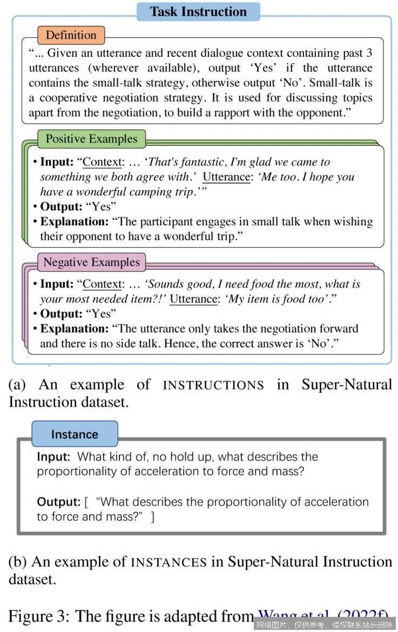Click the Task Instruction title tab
pyautogui.click(x=198, y=11)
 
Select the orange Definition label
pyautogui.click(x=71, y=35)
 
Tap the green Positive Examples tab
pyautogui.click(x=91, y=139)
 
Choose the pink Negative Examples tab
pyautogui.click(x=91, y=263)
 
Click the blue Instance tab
pyautogui.click(x=75, y=434)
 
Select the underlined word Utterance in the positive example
pyautogui.click(x=226, y=177)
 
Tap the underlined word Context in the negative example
pyautogui.click(x=103, y=284)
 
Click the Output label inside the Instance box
pyautogui.click(x=58, y=502)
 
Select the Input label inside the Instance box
pyautogui.click(x=53, y=456)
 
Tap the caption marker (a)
pyautogui.click(x=17, y=385)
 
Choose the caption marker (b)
pyautogui.click(x=18, y=562)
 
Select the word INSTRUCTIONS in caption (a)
pyautogui.click(x=213, y=385)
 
